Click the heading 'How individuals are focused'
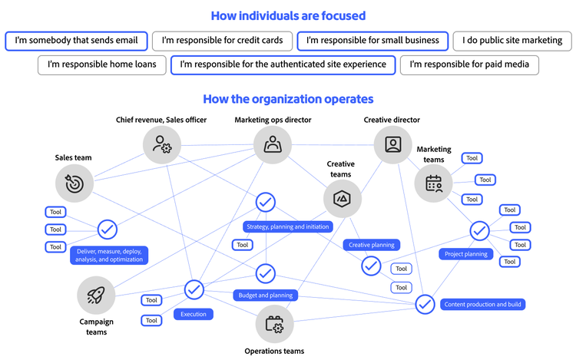(288, 15)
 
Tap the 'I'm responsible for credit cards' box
(221, 40)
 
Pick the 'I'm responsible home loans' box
(102, 64)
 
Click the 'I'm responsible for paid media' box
(469, 64)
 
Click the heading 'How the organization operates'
(288, 99)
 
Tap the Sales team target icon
(74, 183)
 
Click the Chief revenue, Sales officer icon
(162, 144)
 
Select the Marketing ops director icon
(273, 144)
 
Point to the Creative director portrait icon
(393, 144)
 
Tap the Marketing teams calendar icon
(434, 183)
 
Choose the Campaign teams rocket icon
(96, 295)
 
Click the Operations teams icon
(274, 325)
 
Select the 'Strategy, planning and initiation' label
(288, 226)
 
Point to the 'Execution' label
(193, 314)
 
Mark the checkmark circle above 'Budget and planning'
(265, 272)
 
